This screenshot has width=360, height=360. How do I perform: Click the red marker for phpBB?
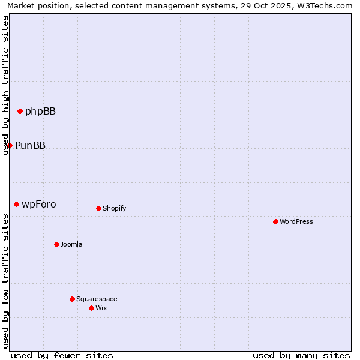coord(20,111)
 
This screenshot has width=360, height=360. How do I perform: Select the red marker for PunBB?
coord(10,145)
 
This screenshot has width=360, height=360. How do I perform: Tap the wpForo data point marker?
coord(16,204)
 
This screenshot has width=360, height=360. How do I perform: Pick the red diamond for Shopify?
coord(98,208)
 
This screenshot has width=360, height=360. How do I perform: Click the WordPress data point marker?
coord(275,221)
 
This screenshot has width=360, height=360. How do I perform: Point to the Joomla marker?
coord(56,244)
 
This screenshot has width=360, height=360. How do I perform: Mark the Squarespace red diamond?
coord(72,299)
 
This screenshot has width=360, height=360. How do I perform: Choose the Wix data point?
coord(91,308)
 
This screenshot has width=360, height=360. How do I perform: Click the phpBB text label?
coord(40,111)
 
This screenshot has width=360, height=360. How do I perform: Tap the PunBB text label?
coord(30,145)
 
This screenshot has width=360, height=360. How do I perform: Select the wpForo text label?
coord(39,204)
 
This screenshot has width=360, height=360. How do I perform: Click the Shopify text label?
coord(114,208)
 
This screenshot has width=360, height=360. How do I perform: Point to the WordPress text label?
coord(296,221)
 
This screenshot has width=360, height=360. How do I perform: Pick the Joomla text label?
coord(71,244)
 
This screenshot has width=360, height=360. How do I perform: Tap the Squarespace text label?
coord(97,299)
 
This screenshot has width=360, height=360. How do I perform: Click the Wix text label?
coord(101,308)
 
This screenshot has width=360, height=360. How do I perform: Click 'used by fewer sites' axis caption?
coord(62,355)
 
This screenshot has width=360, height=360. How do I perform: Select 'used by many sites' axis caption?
coord(301,355)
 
